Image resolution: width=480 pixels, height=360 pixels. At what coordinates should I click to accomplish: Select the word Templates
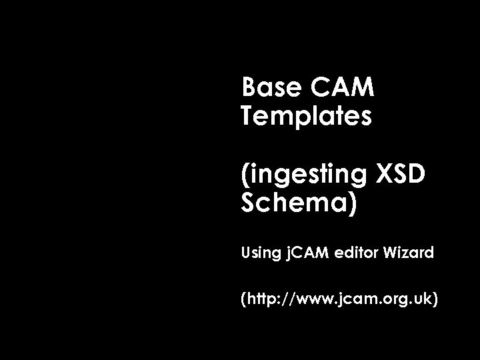click(306, 117)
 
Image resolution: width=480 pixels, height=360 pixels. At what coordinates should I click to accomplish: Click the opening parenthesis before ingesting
click(245, 175)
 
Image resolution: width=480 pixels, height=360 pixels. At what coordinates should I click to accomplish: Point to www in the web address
click(308, 300)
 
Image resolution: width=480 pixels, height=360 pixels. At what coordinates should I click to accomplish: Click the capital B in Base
click(249, 87)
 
